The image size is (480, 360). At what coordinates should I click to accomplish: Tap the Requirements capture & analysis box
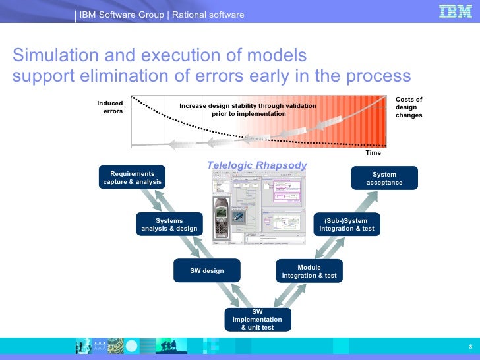tap(133, 178)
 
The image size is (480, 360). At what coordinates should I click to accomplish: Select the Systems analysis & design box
tap(169, 224)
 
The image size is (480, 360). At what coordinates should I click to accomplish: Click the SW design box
tap(206, 270)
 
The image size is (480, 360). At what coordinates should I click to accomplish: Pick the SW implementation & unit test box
tap(257, 319)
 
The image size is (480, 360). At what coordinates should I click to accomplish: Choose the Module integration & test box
tap(309, 271)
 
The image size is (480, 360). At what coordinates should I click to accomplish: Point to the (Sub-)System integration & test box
tap(346, 224)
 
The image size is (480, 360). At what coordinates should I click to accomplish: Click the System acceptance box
tap(384, 178)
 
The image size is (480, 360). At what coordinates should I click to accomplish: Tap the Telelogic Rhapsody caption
tap(257, 165)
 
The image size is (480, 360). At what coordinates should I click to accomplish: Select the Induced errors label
tap(111, 107)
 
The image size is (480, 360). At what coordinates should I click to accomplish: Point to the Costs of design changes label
tap(409, 107)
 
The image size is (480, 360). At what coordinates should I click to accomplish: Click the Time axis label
tap(373, 153)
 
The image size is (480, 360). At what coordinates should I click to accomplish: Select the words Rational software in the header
tap(208, 15)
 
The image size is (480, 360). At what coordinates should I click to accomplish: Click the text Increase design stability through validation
tap(248, 106)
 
